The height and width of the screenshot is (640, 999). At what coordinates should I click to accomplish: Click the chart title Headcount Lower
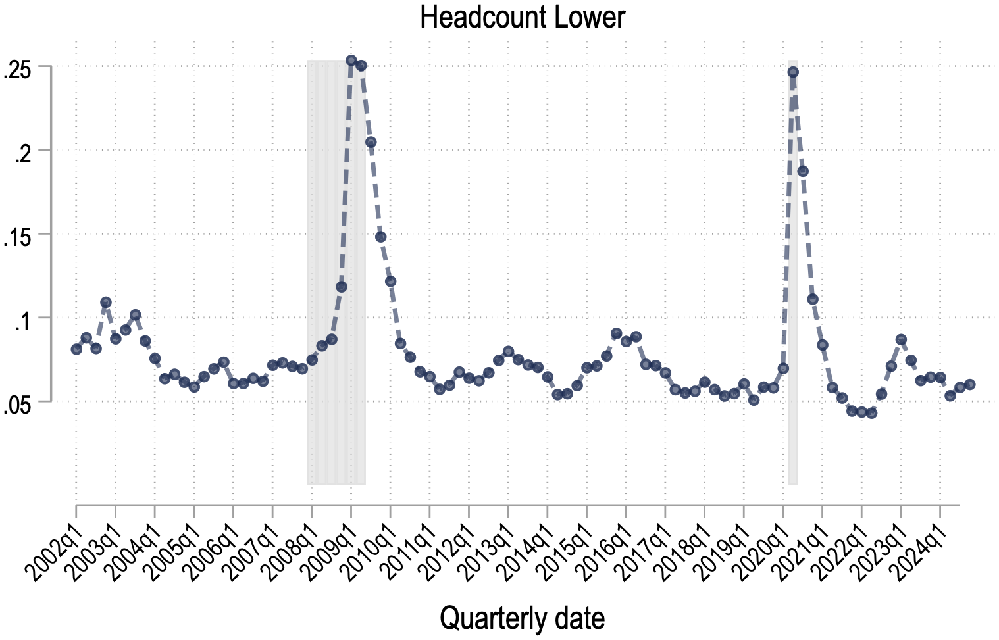coord(522,18)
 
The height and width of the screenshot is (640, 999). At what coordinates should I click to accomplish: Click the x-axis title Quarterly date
coord(522,618)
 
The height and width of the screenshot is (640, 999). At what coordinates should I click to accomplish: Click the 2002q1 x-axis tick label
coord(55,544)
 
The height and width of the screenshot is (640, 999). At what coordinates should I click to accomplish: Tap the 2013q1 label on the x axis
coord(487,544)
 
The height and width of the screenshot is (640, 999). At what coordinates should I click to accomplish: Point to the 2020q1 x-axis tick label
coord(761,544)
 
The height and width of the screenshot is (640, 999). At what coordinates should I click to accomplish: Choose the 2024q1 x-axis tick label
coord(919,544)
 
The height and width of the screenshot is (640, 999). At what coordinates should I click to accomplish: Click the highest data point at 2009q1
coord(351,61)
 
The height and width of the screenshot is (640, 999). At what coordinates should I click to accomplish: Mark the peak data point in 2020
coord(793,72)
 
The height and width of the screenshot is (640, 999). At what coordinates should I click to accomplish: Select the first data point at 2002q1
coord(76,349)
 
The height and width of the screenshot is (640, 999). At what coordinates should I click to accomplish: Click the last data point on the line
coord(969,384)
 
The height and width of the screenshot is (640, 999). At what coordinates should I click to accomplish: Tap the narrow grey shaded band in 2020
coord(793,428)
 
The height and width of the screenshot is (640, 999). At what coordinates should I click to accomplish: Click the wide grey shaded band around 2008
coord(336,428)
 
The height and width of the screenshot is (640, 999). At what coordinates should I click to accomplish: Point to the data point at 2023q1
coord(901,339)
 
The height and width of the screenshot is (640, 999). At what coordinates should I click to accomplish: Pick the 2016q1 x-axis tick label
coord(605,544)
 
